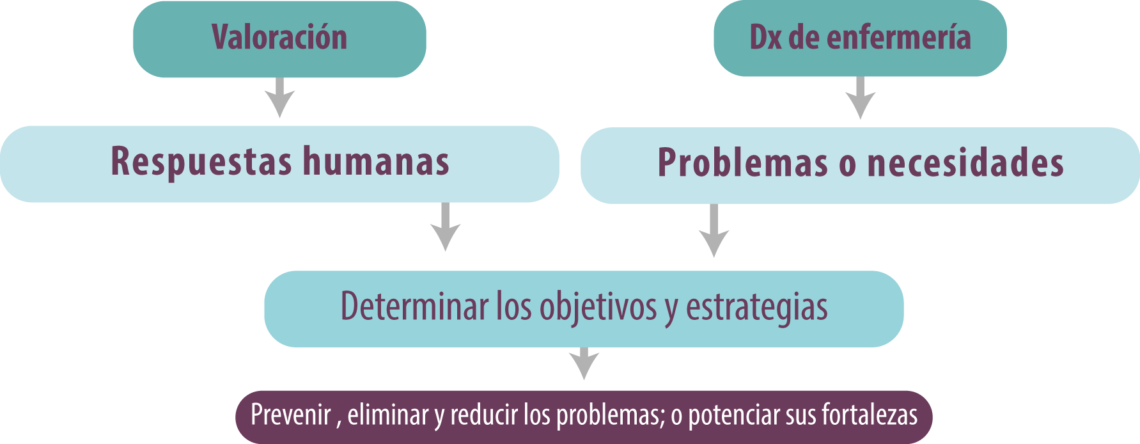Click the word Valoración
click(279, 37)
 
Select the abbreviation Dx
click(765, 38)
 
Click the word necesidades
click(965, 163)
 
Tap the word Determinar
click(415, 306)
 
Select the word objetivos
click(598, 308)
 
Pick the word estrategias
click(757, 308)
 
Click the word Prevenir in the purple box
click(291, 415)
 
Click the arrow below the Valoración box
click(279, 97)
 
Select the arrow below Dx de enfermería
click(861, 98)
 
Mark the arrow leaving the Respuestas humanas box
click(446, 227)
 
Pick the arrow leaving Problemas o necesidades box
click(714, 231)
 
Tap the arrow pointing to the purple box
click(584, 363)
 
